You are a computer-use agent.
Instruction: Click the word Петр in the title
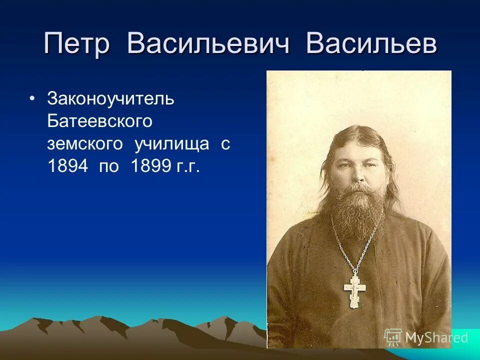76,43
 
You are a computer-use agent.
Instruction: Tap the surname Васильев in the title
371,43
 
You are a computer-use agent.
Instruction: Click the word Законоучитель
110,99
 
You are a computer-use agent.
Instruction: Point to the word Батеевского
99,121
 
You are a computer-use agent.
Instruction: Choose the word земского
84,144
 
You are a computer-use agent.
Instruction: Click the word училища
172,144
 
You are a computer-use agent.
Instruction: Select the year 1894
67,166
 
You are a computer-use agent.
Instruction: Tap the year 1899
149,166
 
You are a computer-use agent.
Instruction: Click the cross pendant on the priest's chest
354,290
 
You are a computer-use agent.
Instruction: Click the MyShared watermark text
436,338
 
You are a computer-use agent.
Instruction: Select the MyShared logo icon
393,337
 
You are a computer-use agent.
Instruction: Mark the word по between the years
109,166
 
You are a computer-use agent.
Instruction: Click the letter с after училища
225,144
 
